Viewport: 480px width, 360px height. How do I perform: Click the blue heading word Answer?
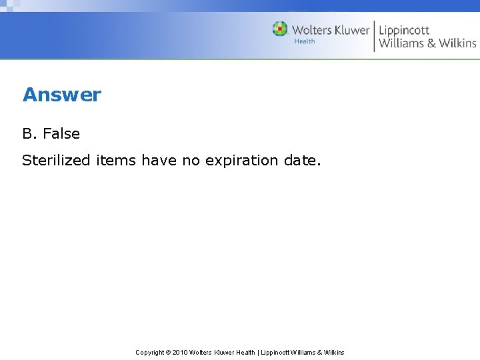tap(61, 95)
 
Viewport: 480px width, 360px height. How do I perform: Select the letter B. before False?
tap(30, 133)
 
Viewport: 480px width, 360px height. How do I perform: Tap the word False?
tap(61, 133)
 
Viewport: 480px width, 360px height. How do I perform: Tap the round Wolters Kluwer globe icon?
tap(280, 29)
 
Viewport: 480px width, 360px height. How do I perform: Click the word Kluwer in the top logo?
tap(347, 30)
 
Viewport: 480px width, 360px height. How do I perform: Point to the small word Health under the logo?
tap(305, 41)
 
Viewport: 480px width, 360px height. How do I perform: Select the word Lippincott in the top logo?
tap(404, 30)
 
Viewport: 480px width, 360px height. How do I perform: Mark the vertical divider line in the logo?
tap(374, 36)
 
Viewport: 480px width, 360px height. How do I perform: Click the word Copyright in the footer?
tap(150, 352)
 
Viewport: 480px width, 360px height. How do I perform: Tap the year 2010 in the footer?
tap(180, 352)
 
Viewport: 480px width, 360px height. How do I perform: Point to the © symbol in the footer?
tap(168, 352)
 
